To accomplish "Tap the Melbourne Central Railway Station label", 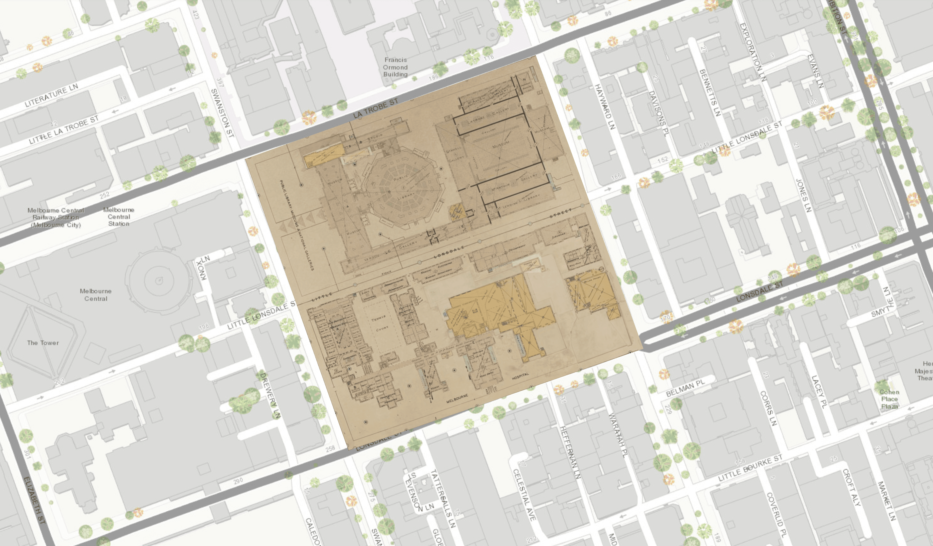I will coord(56,217).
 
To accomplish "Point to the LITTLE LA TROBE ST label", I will coord(64,130).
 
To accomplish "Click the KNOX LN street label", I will coord(203,268).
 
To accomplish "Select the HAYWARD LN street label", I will coord(605,106).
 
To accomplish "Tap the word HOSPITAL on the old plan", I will coord(520,376).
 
